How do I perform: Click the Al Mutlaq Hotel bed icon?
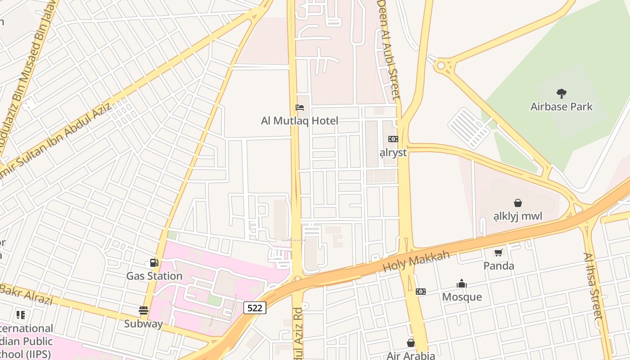tap(300, 108)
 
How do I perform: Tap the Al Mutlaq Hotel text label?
tap(300, 121)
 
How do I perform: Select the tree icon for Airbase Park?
tap(561, 94)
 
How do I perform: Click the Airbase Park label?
tap(561, 107)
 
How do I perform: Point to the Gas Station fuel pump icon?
tap(154, 263)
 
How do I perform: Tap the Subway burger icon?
tap(144, 310)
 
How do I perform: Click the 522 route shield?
tap(255, 308)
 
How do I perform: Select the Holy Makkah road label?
tap(416, 261)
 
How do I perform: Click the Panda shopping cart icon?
tap(499, 253)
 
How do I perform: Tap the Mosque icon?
tap(462, 283)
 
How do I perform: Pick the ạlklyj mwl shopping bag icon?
tap(517, 203)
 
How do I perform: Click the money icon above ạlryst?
tap(393, 139)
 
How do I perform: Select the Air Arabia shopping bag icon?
tap(410, 343)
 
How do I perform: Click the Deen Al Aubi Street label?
tap(388, 49)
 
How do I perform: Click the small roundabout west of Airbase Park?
tap(441, 66)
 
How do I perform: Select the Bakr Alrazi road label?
tap(27, 295)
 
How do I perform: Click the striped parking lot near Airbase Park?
tap(468, 128)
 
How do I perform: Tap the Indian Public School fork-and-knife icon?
tap(21, 315)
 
